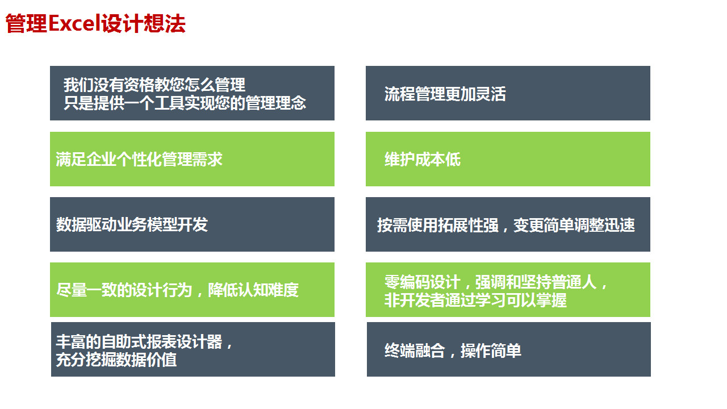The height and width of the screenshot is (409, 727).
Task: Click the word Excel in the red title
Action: pos(74,23)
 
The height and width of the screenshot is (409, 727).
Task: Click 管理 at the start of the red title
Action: pos(27,23)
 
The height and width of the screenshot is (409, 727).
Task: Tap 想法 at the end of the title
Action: pos(165,23)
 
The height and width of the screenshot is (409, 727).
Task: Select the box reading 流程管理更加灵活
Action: pos(508,93)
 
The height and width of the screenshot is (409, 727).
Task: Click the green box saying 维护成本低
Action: pos(508,159)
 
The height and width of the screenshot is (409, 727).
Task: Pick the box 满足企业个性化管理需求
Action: pos(192,159)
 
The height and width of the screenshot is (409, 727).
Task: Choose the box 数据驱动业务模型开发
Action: pos(192,224)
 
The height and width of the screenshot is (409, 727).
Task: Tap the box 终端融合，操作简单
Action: pos(509,349)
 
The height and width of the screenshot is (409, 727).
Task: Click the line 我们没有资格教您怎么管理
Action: pos(154,85)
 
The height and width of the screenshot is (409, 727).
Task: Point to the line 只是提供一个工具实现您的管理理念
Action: pos(185,103)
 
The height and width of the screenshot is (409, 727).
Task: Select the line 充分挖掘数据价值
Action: pos(116,360)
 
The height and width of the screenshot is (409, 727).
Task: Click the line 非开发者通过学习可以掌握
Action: pos(475,300)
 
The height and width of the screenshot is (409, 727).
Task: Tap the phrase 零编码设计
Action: pos(422,282)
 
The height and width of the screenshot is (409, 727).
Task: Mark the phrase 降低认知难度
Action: pos(253,290)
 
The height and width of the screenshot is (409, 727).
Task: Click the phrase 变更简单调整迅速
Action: pos(574,225)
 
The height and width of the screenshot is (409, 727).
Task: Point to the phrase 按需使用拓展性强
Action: pos(438,225)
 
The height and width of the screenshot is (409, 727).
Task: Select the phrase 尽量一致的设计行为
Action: pos(124,290)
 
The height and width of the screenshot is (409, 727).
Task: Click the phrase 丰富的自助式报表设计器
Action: pos(139,341)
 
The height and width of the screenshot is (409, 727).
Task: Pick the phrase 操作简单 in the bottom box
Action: pos(491,350)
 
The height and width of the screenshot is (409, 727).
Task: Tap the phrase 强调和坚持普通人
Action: pos(536,282)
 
